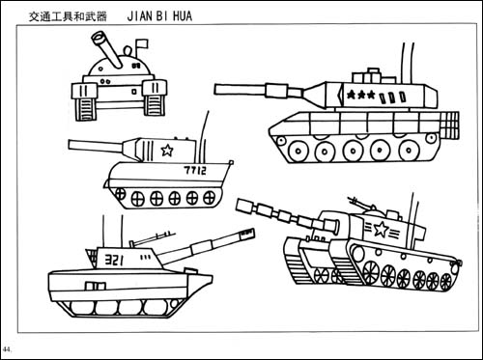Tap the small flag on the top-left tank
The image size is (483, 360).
[144, 43]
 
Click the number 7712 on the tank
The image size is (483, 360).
[195, 170]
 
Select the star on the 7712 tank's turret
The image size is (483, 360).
[166, 151]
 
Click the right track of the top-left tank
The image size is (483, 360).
[154, 98]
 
